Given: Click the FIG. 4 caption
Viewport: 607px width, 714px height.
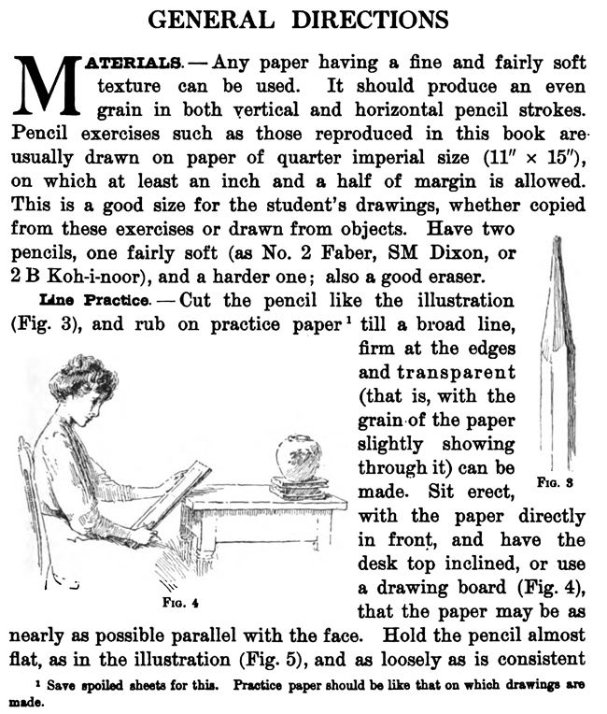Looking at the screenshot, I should point(175,603).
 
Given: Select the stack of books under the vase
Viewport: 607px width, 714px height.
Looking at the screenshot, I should point(298,487).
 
